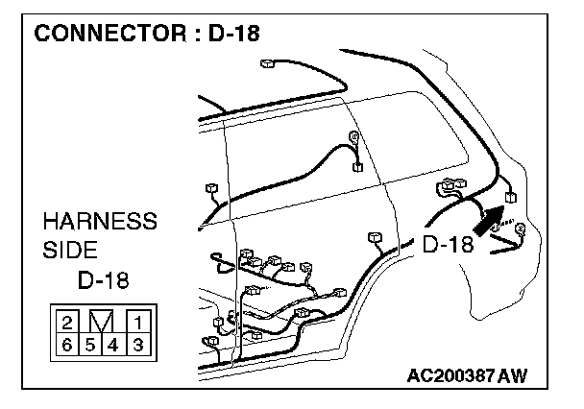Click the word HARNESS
point(99,222)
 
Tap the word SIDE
point(70,251)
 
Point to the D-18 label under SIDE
point(103,280)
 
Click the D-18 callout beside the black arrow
point(449,245)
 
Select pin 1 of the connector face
point(137,323)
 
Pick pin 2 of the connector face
point(67,323)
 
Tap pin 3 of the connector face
point(137,342)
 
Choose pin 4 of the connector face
point(113,342)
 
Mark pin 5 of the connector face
point(90,342)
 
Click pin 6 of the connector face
point(67,342)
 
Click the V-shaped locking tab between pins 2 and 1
point(102,321)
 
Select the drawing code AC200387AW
point(466,374)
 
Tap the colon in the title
point(198,35)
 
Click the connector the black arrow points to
point(510,197)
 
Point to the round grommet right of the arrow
point(522,229)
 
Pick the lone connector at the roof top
point(266,66)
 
